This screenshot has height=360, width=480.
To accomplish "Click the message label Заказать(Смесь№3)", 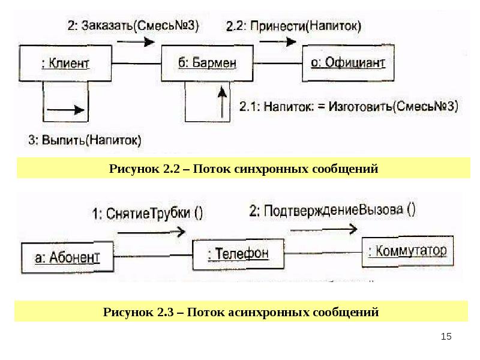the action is (x=133, y=25).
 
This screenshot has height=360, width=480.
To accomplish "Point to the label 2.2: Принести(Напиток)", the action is (x=293, y=26).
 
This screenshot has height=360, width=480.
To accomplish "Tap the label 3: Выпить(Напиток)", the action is (x=85, y=140).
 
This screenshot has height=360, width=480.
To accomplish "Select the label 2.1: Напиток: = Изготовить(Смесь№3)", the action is (x=349, y=107).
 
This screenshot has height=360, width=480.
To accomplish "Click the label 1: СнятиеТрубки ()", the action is (x=147, y=214).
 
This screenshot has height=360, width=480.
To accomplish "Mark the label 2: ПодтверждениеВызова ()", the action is (x=332, y=211).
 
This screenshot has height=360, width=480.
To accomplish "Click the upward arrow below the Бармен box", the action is (x=223, y=102).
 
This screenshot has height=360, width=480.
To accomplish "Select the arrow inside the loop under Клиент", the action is (x=65, y=110).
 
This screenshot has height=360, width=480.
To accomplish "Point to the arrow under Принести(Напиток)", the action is (x=278, y=41).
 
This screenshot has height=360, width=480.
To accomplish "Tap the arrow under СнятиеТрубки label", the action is (x=152, y=232).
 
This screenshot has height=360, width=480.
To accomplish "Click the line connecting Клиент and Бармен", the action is (x=137, y=64).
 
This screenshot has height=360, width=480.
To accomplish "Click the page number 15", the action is (x=446, y=337).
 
